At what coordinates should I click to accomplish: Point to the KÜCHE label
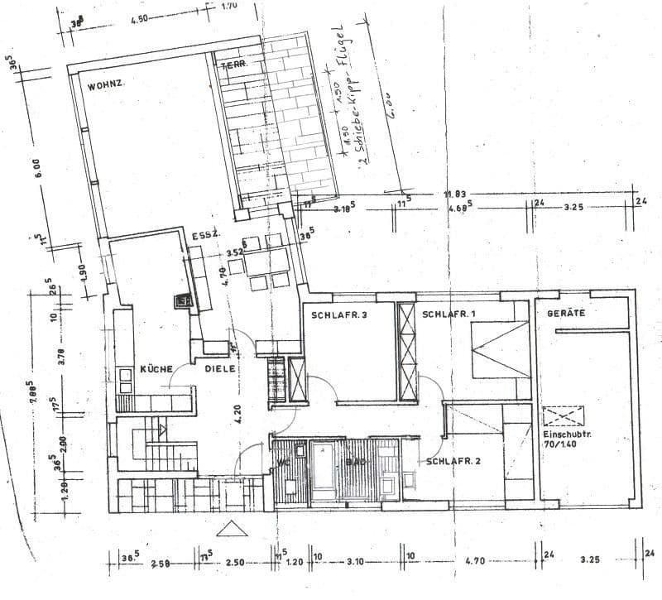click(155, 368)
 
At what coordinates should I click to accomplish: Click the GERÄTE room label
click(565, 314)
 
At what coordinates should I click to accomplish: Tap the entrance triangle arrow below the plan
click(229, 528)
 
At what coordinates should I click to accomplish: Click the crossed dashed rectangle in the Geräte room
click(564, 415)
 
